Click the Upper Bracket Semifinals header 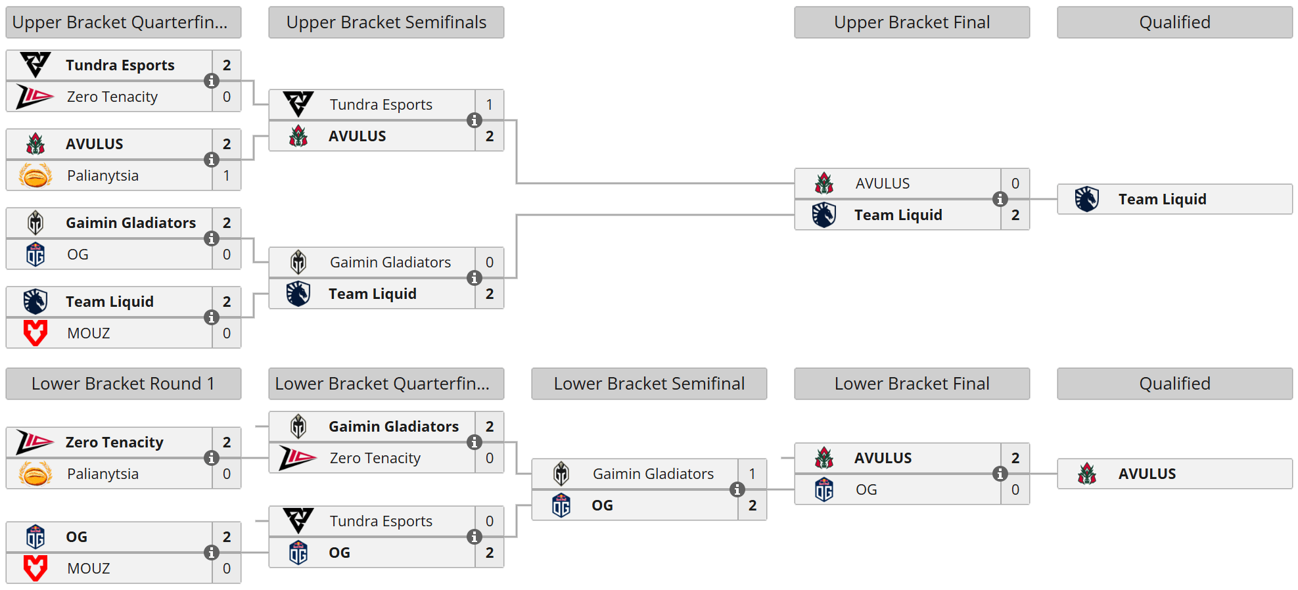point(386,22)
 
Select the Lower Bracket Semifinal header point(649,384)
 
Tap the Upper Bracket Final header point(912,22)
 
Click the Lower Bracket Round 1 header point(124,384)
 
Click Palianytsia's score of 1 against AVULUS point(227,175)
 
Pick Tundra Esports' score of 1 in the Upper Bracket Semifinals point(490,104)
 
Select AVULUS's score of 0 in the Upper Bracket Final point(1015,183)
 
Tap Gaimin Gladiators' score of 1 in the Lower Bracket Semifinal point(753,474)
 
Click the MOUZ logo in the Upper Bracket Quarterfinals point(35,333)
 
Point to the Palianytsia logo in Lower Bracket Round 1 point(35,474)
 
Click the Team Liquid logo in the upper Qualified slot point(1087,199)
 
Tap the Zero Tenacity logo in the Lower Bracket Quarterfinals point(298,458)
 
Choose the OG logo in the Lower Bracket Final point(824,489)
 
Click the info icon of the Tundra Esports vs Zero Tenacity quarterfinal point(212,81)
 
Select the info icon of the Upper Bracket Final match point(1000,199)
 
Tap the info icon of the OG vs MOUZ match point(212,553)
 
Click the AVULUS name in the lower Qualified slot point(1147,474)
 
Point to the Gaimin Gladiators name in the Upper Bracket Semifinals point(390,262)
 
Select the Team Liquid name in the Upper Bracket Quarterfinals point(110,302)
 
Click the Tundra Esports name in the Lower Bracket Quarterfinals point(381,521)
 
